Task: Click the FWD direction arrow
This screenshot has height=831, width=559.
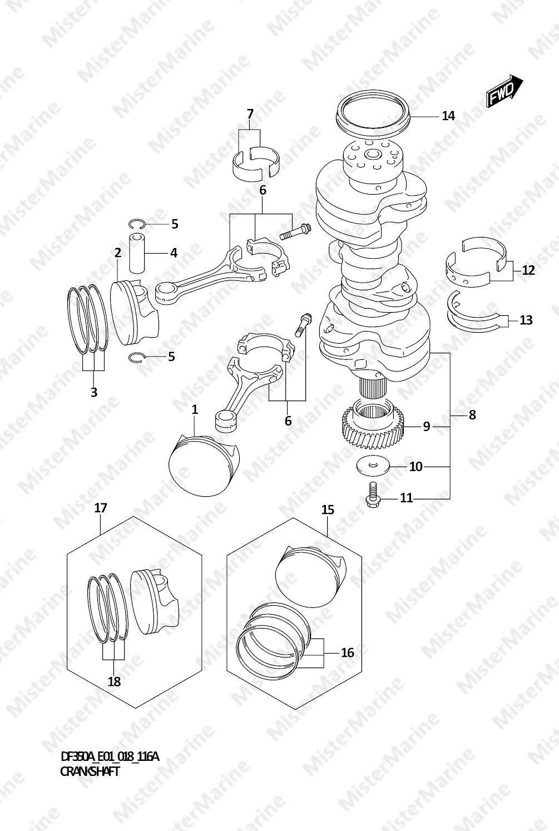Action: point(504,91)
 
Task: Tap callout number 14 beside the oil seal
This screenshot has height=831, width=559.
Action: point(448,116)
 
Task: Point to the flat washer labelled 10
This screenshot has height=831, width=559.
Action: point(373,466)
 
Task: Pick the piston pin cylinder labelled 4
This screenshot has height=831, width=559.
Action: point(137,253)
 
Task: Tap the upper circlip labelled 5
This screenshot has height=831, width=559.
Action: point(137,224)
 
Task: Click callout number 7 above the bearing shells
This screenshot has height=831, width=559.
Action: point(250,113)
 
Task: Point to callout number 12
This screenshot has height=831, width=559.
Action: point(528,270)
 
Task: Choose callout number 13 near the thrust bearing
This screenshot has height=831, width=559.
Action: point(526,320)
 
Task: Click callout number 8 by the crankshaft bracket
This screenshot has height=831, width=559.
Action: point(472,415)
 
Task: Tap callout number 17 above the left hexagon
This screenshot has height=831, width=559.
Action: point(101,507)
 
